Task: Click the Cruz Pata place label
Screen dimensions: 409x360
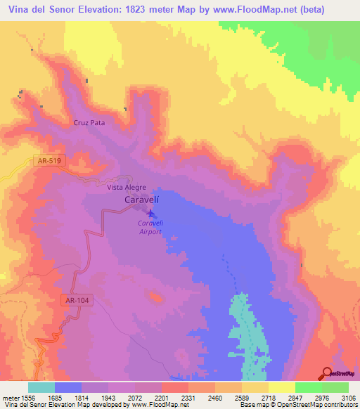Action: pos(89,122)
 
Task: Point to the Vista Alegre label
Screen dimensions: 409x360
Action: pos(127,188)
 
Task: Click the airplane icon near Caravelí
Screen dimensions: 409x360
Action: pos(150,212)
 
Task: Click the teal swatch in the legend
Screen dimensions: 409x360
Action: pos(41,387)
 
